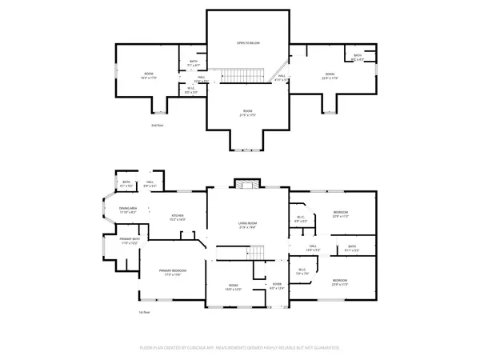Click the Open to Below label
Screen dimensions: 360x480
click(x=247, y=42)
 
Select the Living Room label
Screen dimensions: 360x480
click(x=246, y=223)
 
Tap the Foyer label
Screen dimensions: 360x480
click(x=277, y=284)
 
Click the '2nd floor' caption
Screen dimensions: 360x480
click(x=157, y=126)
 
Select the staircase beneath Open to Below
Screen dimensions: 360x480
click(x=237, y=76)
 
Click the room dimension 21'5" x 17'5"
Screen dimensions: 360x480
click(x=247, y=115)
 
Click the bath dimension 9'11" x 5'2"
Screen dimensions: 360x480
click(x=352, y=250)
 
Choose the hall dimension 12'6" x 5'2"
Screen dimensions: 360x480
click(x=314, y=250)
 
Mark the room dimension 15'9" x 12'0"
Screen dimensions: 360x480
click(x=234, y=289)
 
